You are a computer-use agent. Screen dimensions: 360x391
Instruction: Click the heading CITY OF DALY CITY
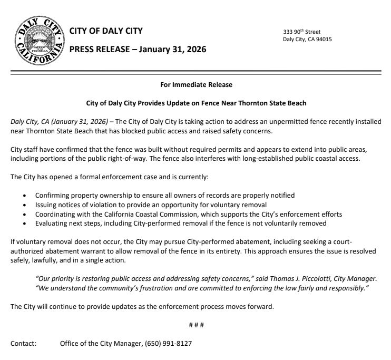(x=106, y=31)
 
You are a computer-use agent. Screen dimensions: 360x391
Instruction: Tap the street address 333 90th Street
(x=301, y=32)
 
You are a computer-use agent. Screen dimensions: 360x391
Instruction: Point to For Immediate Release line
(x=195, y=84)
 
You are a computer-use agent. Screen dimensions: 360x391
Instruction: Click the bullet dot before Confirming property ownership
(x=25, y=196)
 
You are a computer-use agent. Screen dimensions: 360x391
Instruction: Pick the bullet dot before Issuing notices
(x=25, y=205)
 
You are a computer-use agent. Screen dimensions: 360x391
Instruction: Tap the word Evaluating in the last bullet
(x=53, y=223)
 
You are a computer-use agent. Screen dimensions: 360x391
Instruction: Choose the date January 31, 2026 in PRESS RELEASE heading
(x=169, y=50)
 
